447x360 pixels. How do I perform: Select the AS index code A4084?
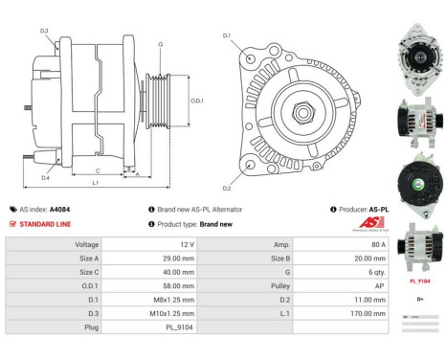tap(59, 209)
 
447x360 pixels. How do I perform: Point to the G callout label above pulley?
tap(160, 44)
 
